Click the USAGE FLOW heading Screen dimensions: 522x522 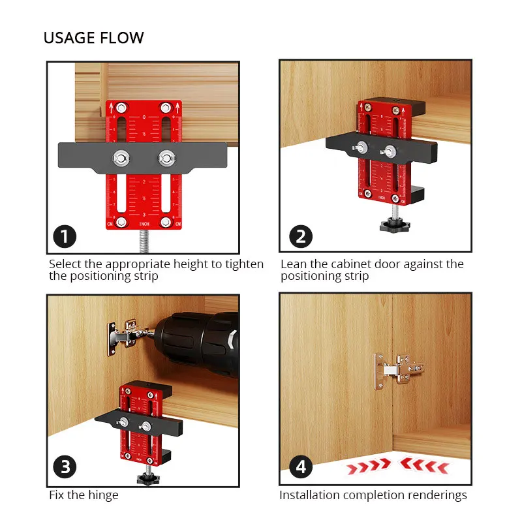(x=93, y=38)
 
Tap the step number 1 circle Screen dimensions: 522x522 (x=65, y=236)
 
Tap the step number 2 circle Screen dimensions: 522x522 (x=300, y=236)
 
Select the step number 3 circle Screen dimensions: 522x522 (x=65, y=468)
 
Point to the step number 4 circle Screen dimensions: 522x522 (x=300, y=467)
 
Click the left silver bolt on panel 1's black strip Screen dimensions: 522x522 (x=121, y=157)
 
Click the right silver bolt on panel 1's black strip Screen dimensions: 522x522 (x=166, y=157)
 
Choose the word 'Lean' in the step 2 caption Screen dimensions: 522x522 (x=294, y=264)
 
